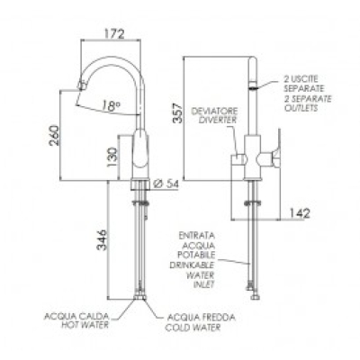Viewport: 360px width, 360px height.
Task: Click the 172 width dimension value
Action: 114,33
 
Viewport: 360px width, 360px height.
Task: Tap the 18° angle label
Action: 111,106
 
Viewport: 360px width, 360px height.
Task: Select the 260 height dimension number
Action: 55,135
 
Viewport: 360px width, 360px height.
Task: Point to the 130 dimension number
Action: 112,157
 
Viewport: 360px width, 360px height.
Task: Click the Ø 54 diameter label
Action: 166,184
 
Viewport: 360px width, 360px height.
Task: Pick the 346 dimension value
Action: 102,240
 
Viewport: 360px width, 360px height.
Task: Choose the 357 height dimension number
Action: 177,113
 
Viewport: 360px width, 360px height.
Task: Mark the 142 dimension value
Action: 300,213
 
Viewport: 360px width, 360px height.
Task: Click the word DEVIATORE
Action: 215,112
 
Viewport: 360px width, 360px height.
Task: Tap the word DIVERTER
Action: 218,120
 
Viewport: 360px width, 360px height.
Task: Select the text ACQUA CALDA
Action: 76,317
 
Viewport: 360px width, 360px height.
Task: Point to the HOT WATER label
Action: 85,325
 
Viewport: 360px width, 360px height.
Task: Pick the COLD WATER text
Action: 193,328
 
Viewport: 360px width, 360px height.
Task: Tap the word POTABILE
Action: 197,255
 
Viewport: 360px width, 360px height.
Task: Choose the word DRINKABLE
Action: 193,265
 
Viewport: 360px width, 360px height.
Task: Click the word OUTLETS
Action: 301,108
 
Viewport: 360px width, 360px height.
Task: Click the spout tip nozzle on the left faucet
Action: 82,85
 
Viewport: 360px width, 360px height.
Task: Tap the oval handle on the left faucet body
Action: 140,148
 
